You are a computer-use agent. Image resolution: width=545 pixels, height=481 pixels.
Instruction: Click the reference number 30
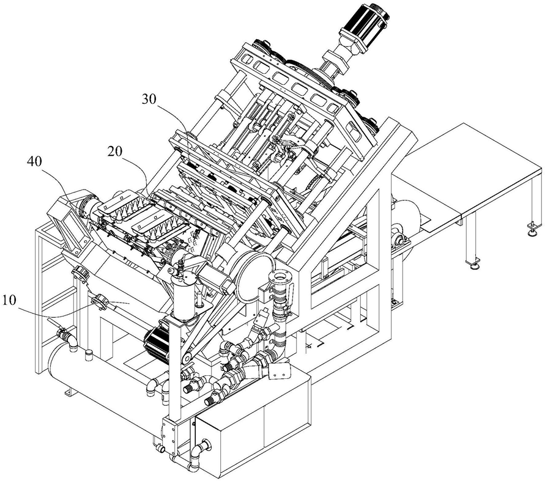149,99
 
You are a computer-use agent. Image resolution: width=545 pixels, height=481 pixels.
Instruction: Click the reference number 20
116,152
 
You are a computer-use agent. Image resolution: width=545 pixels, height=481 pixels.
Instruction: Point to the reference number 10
9,300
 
